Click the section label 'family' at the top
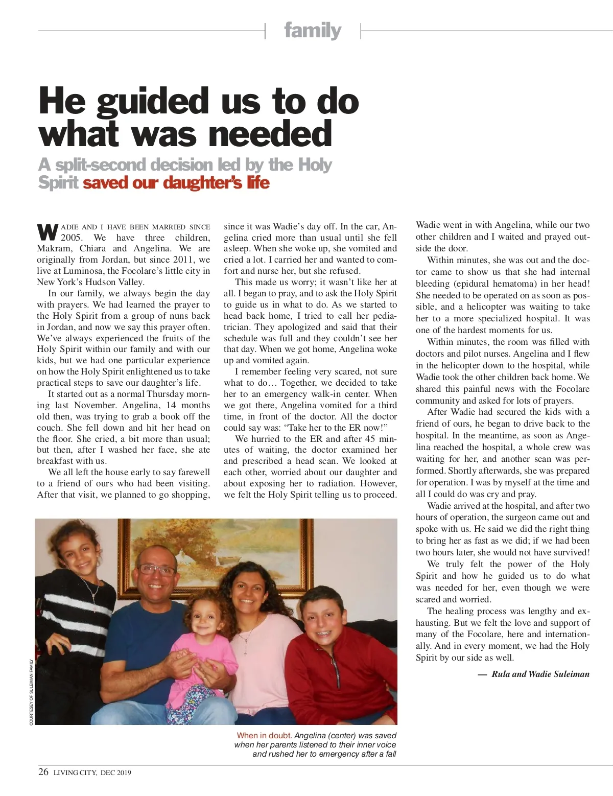pos(313,31)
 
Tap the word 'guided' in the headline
pos(154,101)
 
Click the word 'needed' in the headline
pos(270,133)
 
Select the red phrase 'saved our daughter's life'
pos(176,182)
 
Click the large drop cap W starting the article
pos(47,231)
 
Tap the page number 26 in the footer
pos(43,772)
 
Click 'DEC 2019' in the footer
pos(116,772)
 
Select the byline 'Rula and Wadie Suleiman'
pos(540,674)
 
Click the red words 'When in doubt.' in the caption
pos(264,736)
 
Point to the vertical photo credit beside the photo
pos(31,692)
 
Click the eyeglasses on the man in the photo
pos(156,570)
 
